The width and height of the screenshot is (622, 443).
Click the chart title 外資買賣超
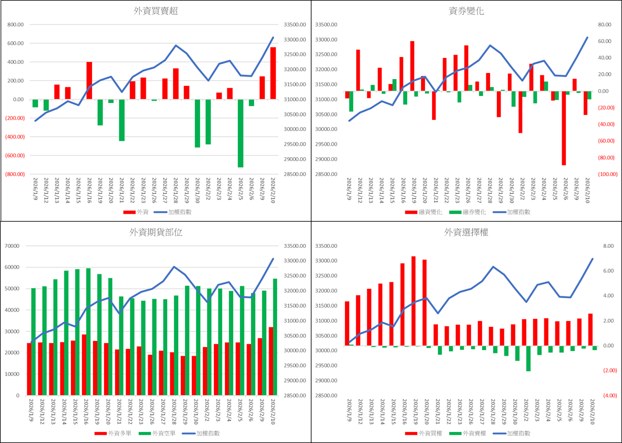click(x=155, y=12)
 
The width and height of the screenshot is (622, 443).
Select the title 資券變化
click(x=466, y=12)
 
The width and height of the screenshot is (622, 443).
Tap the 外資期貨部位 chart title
click(x=155, y=233)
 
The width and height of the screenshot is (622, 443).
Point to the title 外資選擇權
click(x=466, y=233)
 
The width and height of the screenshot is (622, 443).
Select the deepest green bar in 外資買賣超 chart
click(x=240, y=133)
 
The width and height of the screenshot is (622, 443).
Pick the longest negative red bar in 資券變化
click(x=564, y=128)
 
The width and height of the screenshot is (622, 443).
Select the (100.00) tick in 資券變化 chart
click(x=607, y=174)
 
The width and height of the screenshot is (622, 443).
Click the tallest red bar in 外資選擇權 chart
click(x=413, y=301)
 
